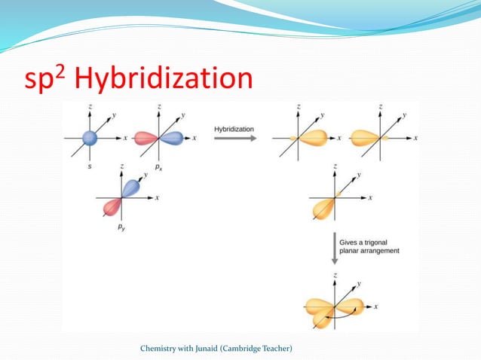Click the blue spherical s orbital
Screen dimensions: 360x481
coord(90,138)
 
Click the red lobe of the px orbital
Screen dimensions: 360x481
coord(146,138)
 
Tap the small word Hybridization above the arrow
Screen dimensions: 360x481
coord(234,129)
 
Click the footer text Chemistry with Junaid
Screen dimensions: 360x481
coord(216,347)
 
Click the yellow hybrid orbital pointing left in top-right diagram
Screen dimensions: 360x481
coord(368,138)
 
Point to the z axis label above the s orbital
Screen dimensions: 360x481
coord(91,108)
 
